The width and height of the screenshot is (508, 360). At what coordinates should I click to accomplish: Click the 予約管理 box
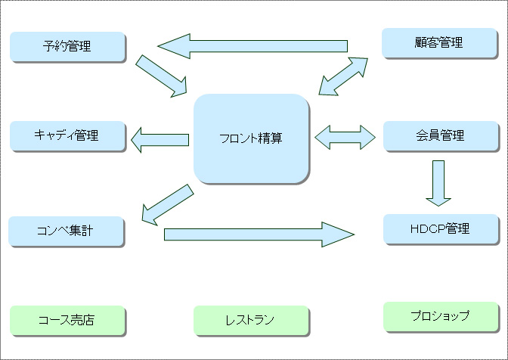(67, 46)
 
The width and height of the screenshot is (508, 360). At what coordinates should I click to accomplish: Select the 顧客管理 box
(439, 43)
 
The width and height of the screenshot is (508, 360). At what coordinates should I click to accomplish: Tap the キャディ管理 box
(67, 136)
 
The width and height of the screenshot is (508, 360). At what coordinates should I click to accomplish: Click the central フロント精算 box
(251, 138)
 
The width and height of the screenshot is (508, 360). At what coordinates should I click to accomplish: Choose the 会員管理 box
(441, 136)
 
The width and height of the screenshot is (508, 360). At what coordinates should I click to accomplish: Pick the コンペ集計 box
(66, 231)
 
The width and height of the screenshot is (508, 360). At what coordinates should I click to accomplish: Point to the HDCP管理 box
(441, 229)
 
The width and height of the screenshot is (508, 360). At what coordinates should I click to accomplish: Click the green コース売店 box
(67, 321)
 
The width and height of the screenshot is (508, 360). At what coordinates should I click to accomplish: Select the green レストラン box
(251, 321)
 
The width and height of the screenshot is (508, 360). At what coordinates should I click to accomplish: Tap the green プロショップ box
(441, 317)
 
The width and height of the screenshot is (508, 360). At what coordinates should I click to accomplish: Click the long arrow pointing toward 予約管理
(252, 46)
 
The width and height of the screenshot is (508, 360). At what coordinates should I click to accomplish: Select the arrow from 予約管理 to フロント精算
(161, 76)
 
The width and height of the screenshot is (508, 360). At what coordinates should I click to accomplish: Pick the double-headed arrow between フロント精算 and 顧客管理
(343, 76)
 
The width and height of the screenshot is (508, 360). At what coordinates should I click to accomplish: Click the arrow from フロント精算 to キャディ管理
(160, 140)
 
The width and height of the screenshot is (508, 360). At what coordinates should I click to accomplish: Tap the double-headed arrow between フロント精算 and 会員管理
(345, 138)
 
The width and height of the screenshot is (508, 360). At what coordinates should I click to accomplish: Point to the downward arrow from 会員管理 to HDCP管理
(438, 183)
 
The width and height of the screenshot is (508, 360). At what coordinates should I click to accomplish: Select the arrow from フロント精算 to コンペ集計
(168, 205)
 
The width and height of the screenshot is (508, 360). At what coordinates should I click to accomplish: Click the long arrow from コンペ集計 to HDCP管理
(259, 234)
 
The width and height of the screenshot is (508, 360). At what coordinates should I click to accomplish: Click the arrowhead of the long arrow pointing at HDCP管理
(338, 234)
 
